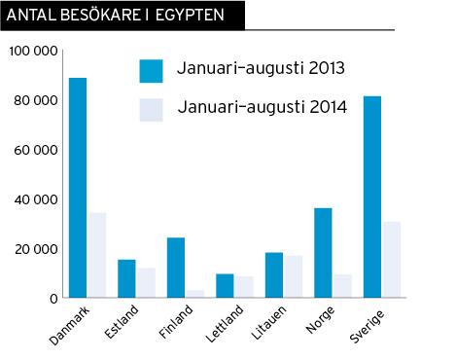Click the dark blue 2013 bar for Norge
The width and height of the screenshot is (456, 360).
pos(323,253)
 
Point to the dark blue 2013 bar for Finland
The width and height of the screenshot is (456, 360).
pos(175,268)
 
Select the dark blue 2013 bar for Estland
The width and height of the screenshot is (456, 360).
pos(126,278)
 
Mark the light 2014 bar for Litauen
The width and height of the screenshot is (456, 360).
pos(293,276)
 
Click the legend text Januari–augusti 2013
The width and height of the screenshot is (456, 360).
pos(262,69)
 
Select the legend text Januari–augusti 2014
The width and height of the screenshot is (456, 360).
pos(262,108)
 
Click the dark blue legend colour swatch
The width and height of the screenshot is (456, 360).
pos(151,70)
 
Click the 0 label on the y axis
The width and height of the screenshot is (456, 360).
pos(55,298)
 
